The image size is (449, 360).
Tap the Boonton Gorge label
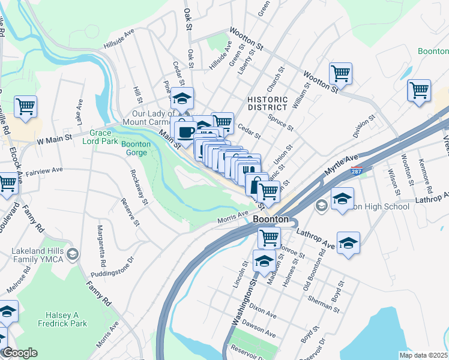pyautogui.click(x=136, y=148)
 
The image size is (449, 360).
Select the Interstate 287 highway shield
pyautogui.click(x=357, y=170)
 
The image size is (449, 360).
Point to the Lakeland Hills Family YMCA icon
pyautogui.click(x=73, y=255)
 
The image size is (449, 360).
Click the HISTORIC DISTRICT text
pyautogui.click(x=267, y=103)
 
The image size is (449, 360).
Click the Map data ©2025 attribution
pyautogui.click(x=423, y=355)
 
